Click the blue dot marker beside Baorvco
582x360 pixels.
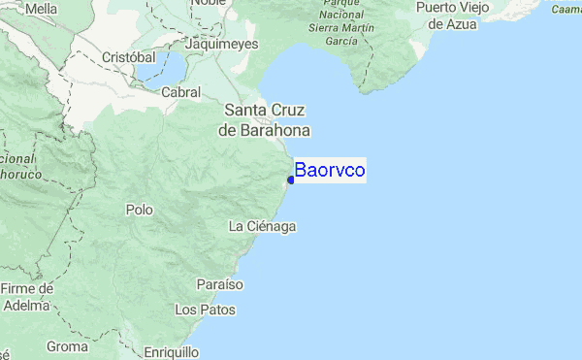coord(291,179)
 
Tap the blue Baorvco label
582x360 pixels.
coord(330,170)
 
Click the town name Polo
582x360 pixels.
coord(140,209)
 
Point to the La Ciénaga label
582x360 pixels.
coord(261,226)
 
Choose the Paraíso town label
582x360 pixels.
coord(219,284)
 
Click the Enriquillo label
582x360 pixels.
coord(171,351)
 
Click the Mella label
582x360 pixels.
coord(42,9)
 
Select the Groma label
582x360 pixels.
coord(68,346)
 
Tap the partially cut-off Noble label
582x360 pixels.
coord(207,3)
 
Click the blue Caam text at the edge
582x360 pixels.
coord(566,10)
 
